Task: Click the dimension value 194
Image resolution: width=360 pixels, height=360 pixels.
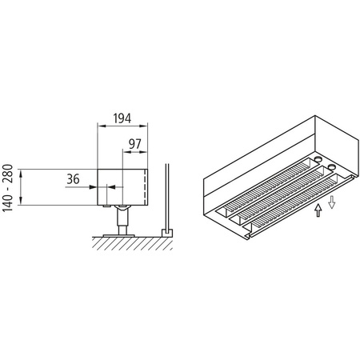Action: (x=122, y=118)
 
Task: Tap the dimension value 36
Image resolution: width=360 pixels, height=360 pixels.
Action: (x=73, y=180)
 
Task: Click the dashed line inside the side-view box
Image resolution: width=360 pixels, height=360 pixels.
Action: (x=144, y=186)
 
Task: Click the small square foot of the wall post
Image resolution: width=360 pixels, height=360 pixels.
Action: (x=166, y=232)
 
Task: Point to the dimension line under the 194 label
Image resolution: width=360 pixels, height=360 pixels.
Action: (x=122, y=126)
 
